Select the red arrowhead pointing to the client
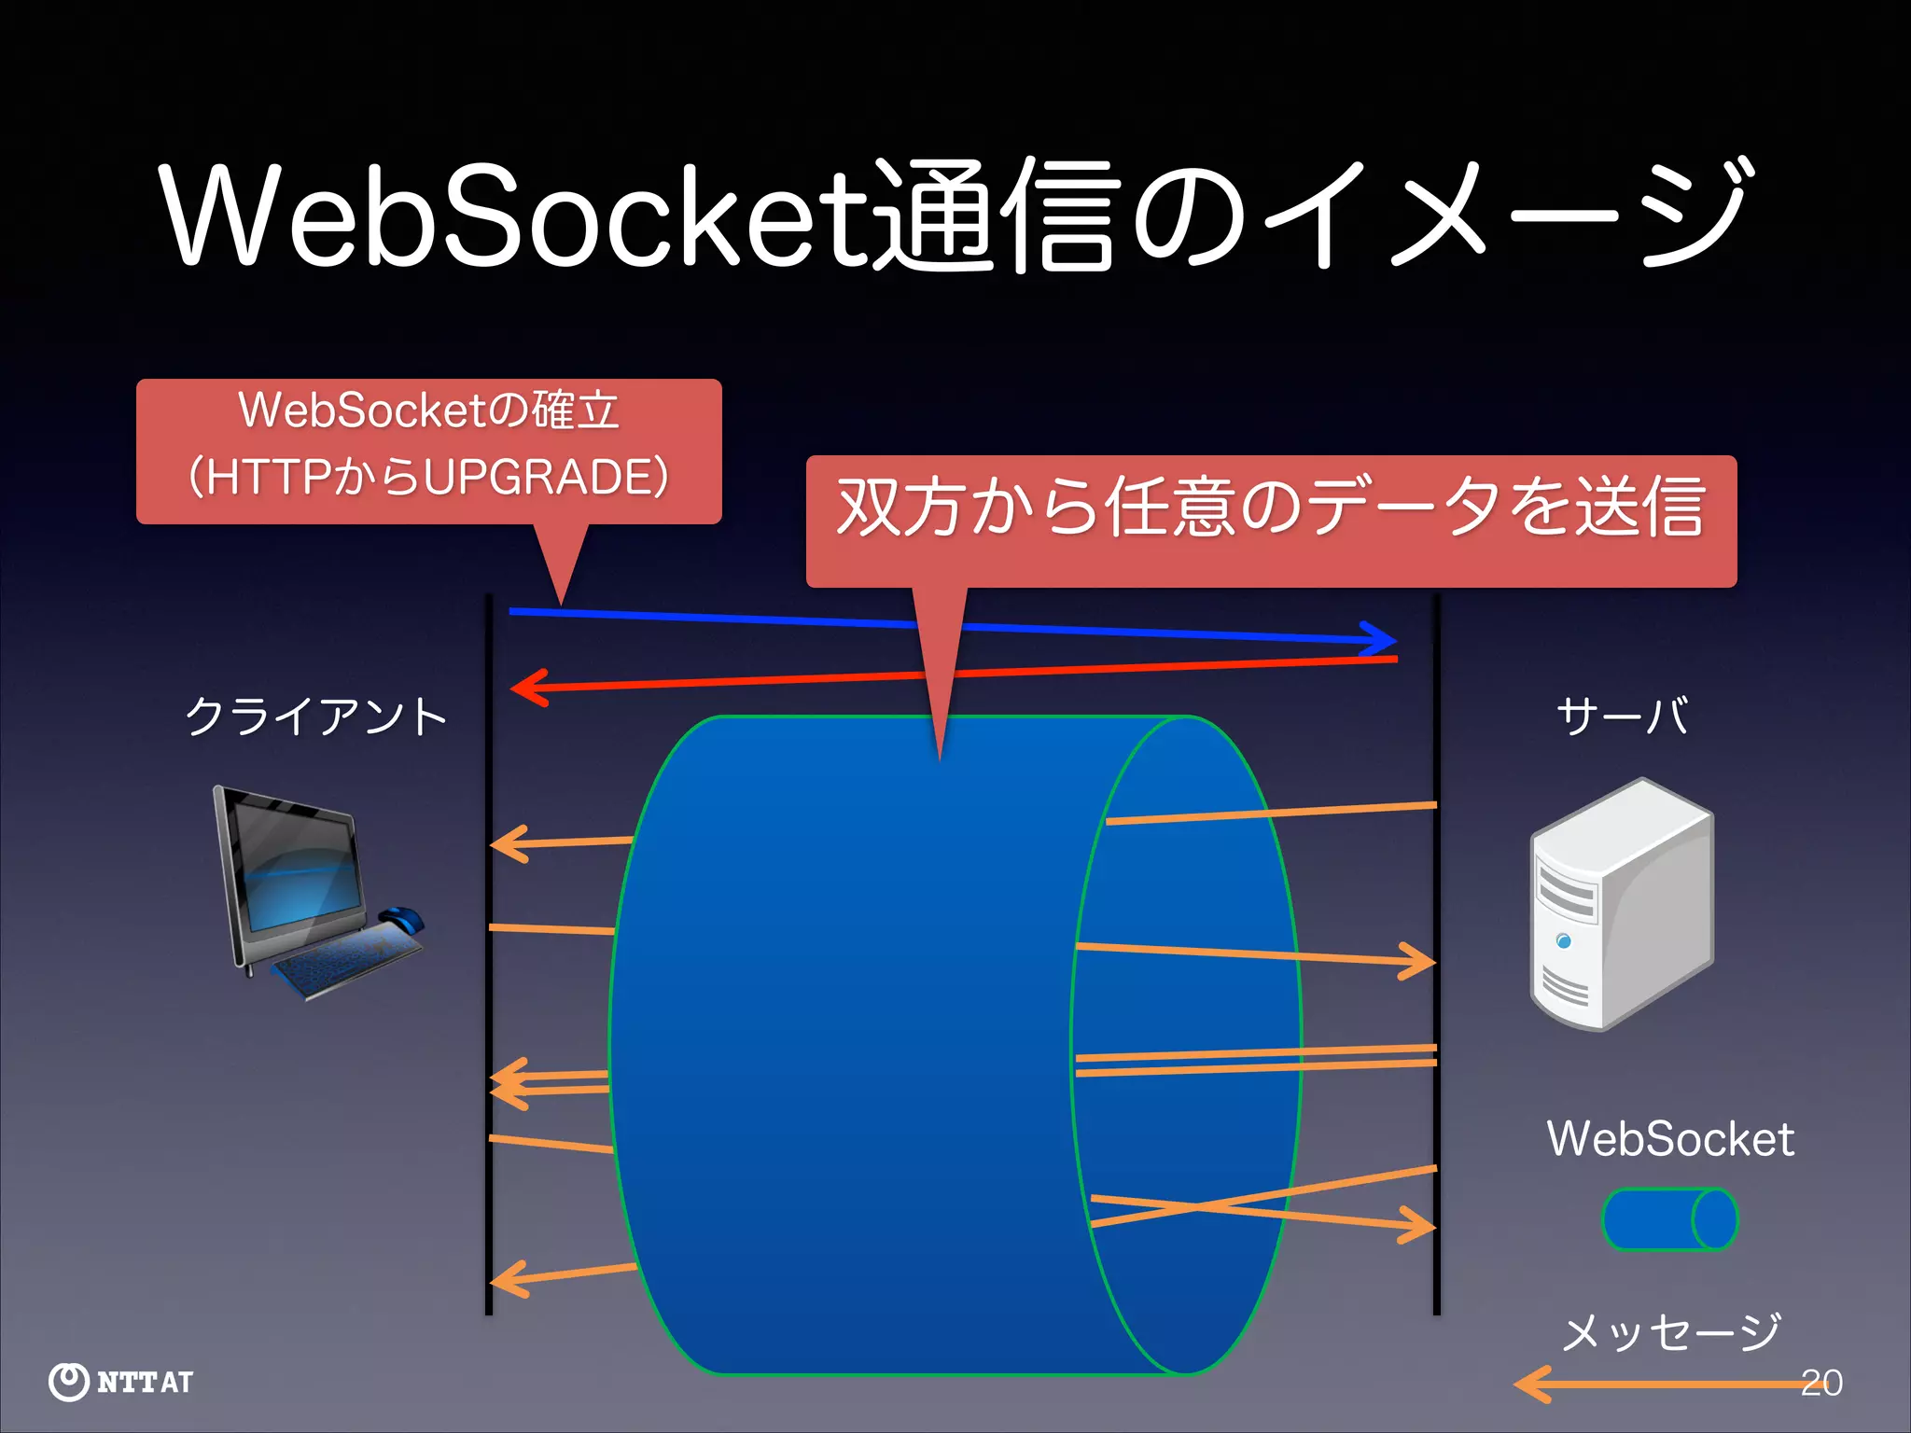(x=528, y=689)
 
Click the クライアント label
(x=316, y=716)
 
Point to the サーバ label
(x=1622, y=716)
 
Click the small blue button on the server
(x=1564, y=940)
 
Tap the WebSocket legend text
(x=1669, y=1139)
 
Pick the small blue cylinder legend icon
(x=1668, y=1218)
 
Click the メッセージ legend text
(x=1670, y=1332)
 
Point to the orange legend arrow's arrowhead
(x=1530, y=1384)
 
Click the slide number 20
(x=1821, y=1382)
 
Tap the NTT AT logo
(x=121, y=1382)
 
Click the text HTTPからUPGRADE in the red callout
(x=429, y=477)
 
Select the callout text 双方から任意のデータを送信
(x=1271, y=508)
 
